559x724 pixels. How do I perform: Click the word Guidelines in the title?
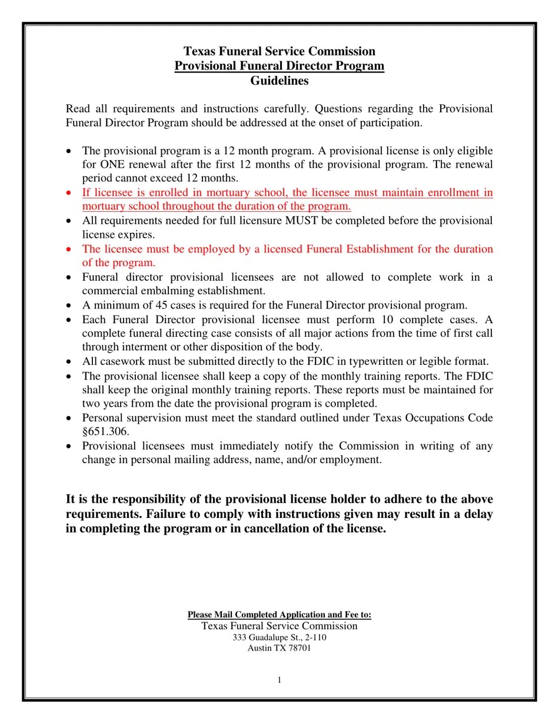click(279, 81)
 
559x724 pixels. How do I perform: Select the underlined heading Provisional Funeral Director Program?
click(279, 66)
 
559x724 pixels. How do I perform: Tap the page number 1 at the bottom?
click(279, 680)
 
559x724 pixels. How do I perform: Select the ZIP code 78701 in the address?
click(298, 648)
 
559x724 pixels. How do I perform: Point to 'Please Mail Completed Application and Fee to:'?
click(279, 615)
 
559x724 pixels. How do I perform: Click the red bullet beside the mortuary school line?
click(69, 193)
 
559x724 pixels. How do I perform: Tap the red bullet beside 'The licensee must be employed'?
click(69, 250)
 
